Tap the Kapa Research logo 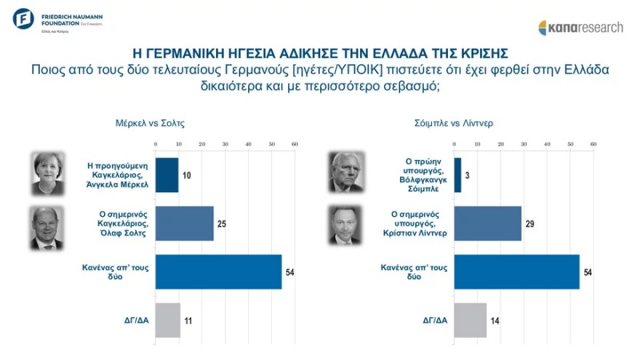click(580, 28)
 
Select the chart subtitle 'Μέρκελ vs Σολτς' click(151, 123)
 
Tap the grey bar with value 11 click(168, 319)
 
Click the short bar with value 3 click(457, 175)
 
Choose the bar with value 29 click(487, 223)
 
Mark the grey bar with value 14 click(470, 319)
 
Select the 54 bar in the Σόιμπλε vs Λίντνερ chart click(516, 271)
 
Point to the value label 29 click(530, 223)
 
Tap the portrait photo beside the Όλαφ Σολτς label click(49, 228)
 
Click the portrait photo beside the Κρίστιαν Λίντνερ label click(347, 228)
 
